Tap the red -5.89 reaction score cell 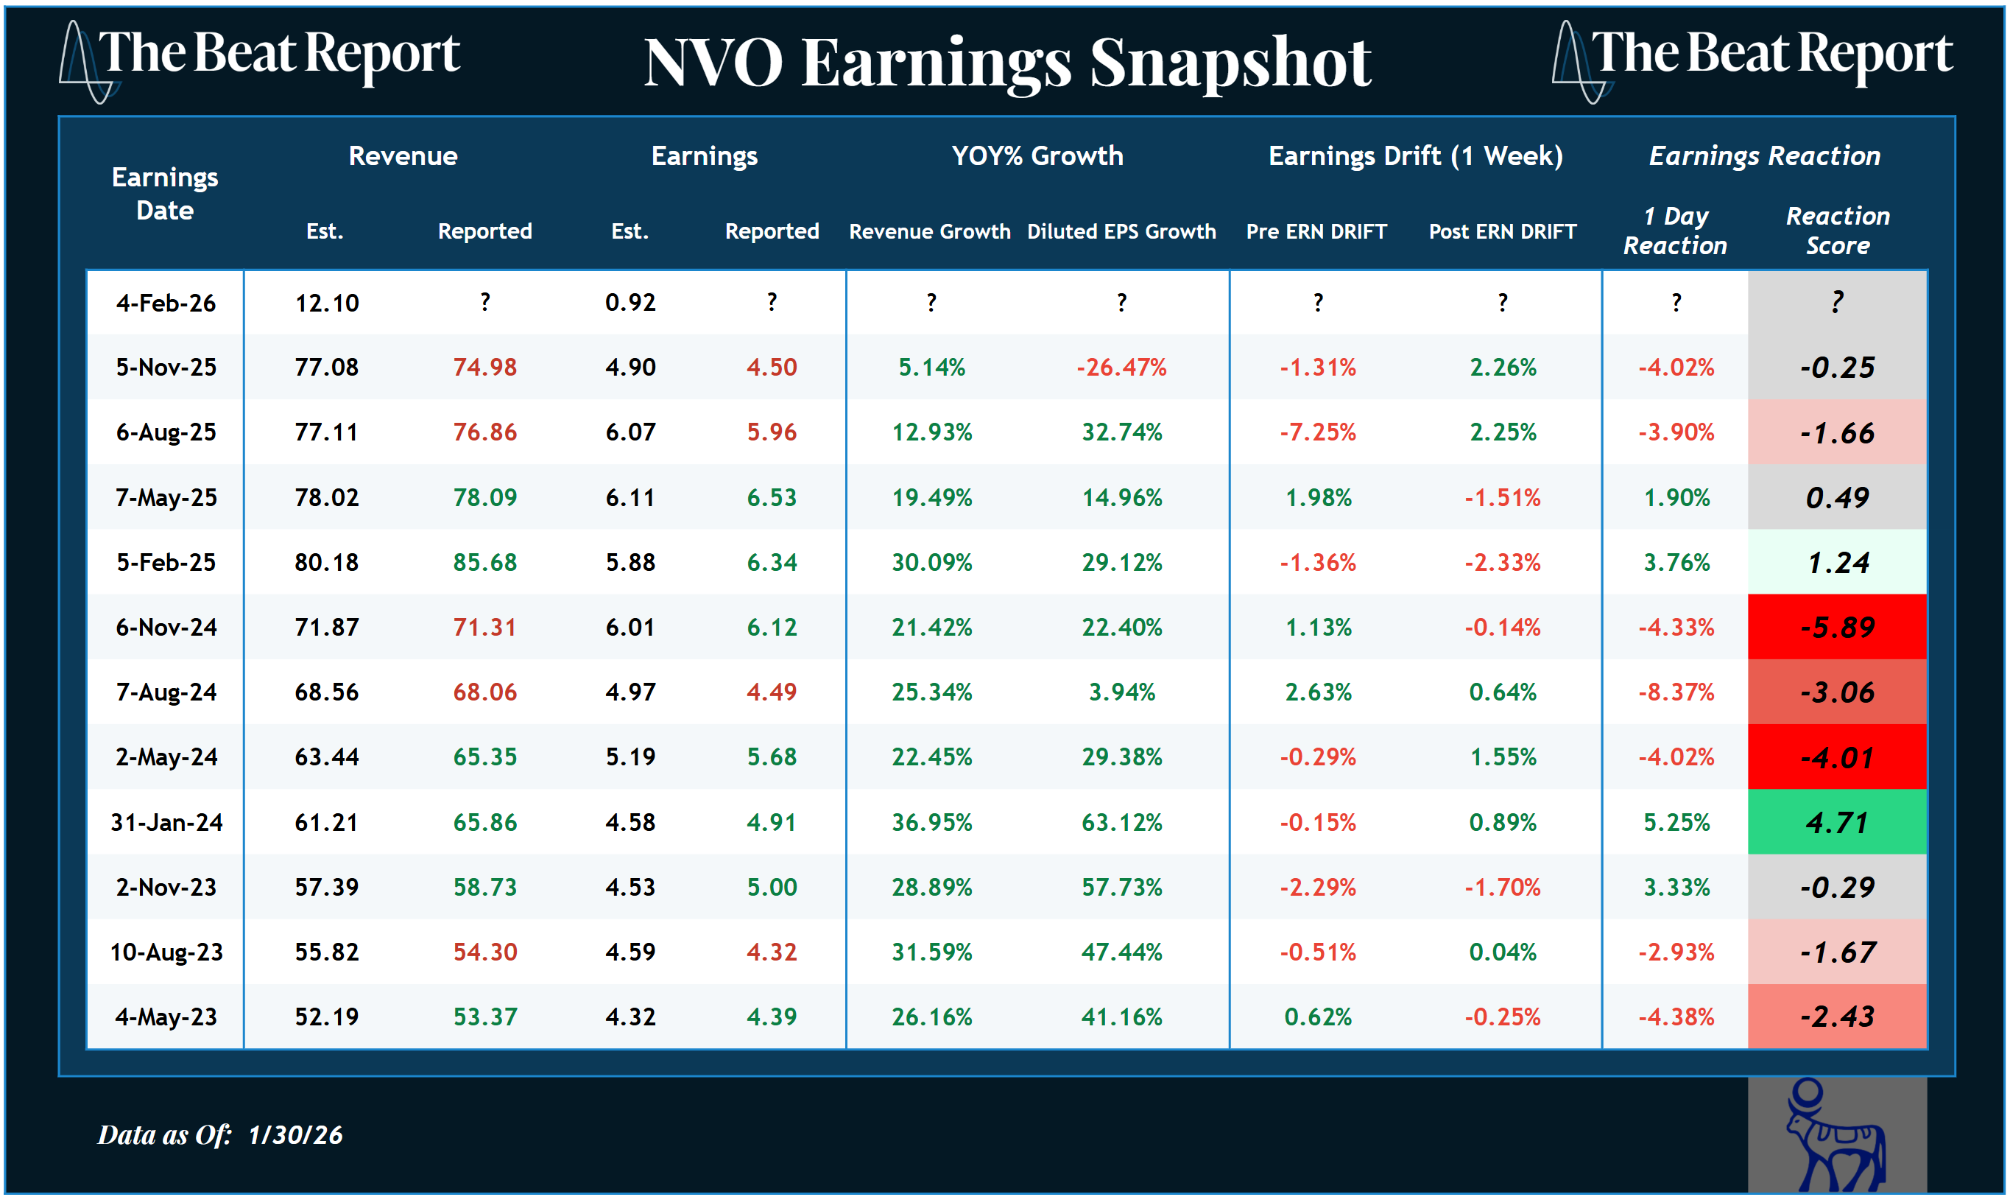tap(1837, 628)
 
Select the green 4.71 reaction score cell tap(1837, 823)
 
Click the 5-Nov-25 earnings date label tap(166, 368)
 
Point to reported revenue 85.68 tap(484, 562)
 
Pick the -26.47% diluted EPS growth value tap(1121, 368)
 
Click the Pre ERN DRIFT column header tap(1316, 231)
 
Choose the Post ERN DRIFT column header tap(1502, 231)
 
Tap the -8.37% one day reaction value tap(1676, 692)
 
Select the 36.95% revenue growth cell tap(931, 823)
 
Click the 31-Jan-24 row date tap(166, 823)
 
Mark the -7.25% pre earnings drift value tap(1317, 432)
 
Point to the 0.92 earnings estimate tap(630, 303)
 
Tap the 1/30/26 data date tap(295, 1135)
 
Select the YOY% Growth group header tap(1037, 155)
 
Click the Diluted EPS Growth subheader tap(1121, 231)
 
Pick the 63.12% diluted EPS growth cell tap(1121, 823)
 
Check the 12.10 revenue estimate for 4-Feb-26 tap(327, 303)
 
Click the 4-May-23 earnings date tap(166, 1017)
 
